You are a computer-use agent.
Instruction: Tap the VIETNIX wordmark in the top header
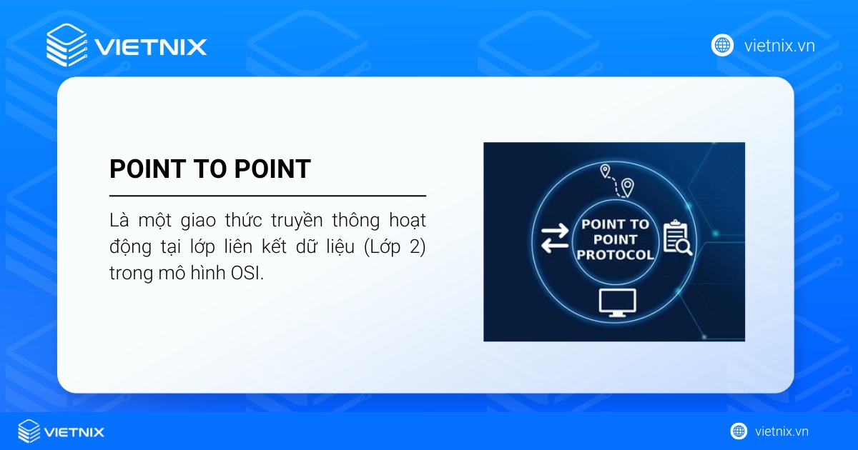[x=150, y=47]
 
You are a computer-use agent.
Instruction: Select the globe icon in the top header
[x=722, y=46]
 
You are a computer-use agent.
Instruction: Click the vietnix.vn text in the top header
[x=779, y=46]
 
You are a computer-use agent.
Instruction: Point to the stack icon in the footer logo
[x=29, y=431]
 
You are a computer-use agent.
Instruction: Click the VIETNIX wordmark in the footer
[x=74, y=432]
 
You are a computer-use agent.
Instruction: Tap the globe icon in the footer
[x=739, y=431]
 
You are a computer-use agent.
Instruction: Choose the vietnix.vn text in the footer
[x=781, y=431]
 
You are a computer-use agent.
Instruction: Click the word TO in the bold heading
[x=210, y=169]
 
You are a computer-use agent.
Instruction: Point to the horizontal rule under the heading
[x=267, y=196]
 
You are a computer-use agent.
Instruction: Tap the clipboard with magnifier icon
[x=676, y=239]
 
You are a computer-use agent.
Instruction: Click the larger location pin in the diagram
[x=627, y=187]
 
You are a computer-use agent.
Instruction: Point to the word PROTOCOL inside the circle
[x=615, y=254]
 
